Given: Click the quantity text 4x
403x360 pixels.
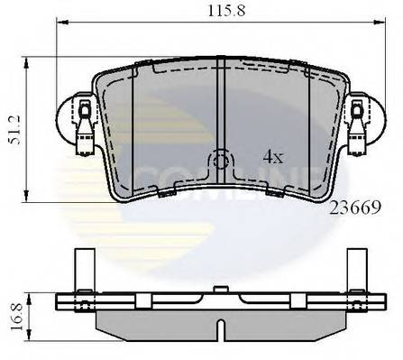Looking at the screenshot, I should click(x=273, y=156).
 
